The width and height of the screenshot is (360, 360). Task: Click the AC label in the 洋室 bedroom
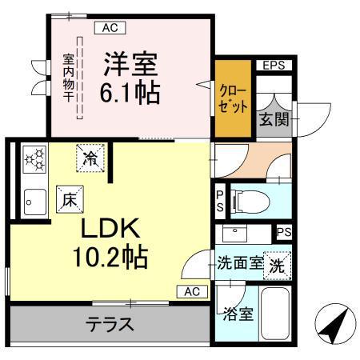110,27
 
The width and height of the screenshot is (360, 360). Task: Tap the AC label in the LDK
192,291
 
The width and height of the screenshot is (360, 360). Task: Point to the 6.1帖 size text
130,92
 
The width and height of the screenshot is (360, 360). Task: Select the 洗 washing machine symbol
277,265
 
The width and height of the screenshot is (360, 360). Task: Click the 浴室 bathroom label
239,313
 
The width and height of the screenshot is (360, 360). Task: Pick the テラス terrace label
110,325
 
